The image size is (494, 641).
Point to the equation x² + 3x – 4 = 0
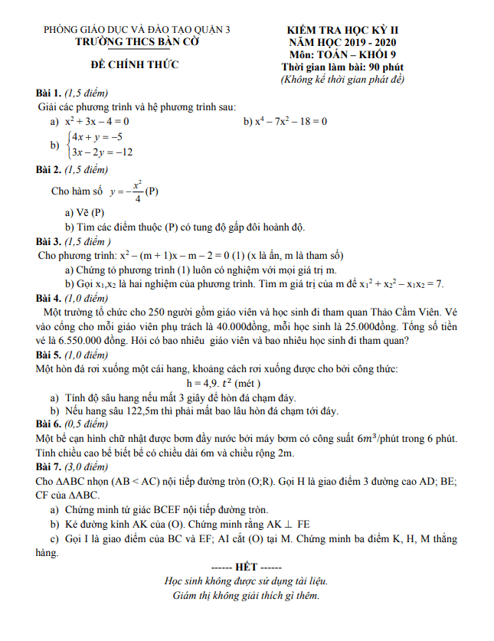pos(97,121)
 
